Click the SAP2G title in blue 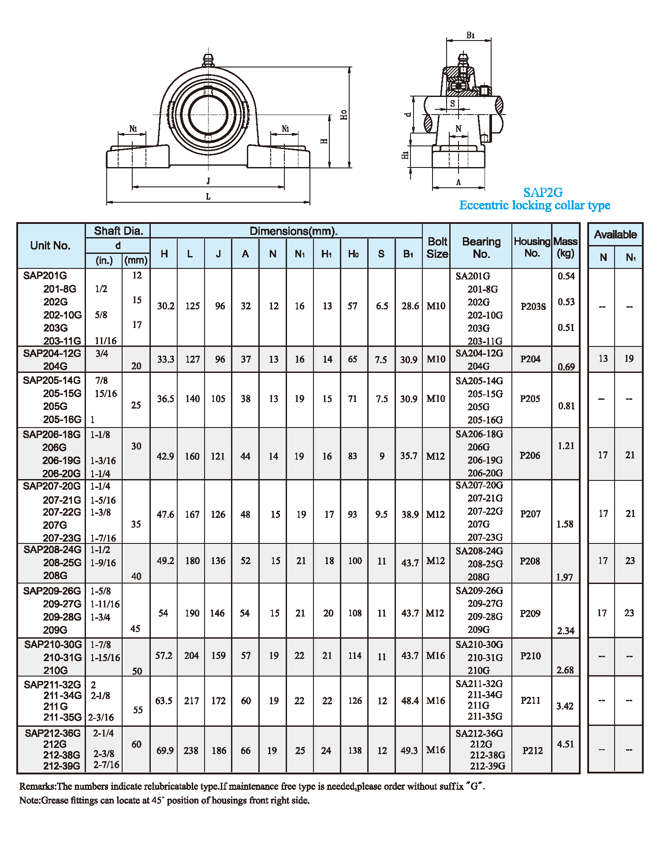tap(543, 193)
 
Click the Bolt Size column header tap(437, 248)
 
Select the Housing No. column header tap(532, 247)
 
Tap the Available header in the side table tap(615, 234)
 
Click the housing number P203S tap(533, 306)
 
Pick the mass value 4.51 tap(565, 744)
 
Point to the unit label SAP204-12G tap(52, 353)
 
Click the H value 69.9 tap(165, 750)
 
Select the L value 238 tap(191, 750)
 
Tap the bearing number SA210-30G tap(479, 644)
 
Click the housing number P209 tap(530, 614)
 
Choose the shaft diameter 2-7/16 tap(106, 765)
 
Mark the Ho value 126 tap(355, 700)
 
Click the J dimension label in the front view tap(208, 181)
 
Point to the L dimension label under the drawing tap(208, 197)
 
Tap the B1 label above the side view tap(470, 35)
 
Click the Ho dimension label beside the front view tap(344, 115)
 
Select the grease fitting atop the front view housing tap(208, 60)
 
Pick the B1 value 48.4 tap(410, 700)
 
